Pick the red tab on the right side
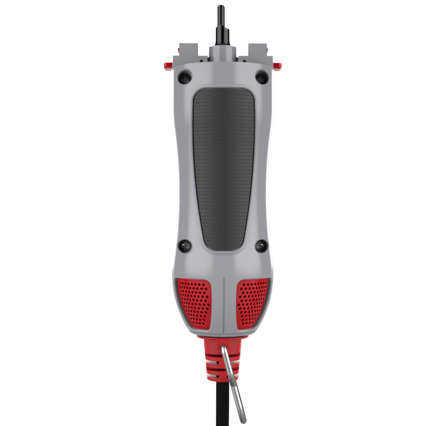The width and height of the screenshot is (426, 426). click(278, 65)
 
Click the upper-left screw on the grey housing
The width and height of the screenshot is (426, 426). click(184, 77)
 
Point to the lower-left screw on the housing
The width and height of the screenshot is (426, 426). click(185, 245)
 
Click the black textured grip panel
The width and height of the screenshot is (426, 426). click(224, 167)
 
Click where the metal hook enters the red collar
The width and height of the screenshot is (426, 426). click(223, 348)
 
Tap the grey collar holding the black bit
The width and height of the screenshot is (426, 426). click(223, 53)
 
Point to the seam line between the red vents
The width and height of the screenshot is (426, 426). click(224, 305)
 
